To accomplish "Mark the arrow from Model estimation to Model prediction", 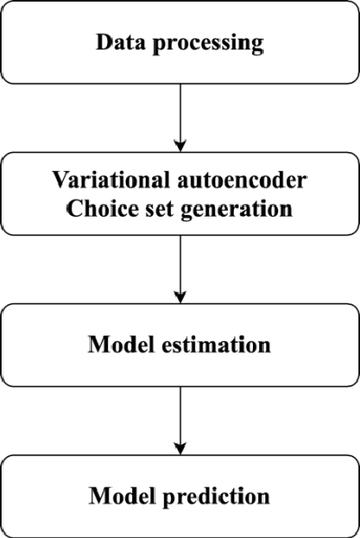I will pos(181,418).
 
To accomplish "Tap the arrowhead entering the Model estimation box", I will pos(181,300).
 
